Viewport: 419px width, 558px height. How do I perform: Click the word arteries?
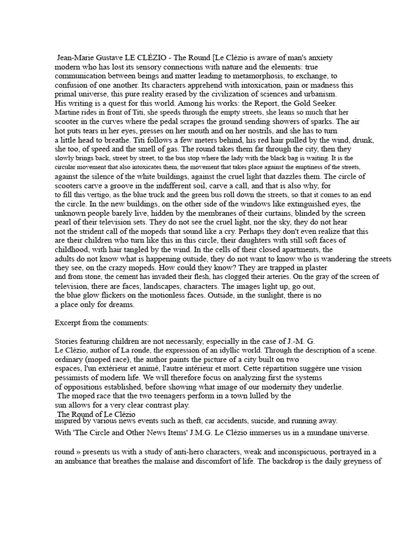pyautogui.click(x=276, y=276)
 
